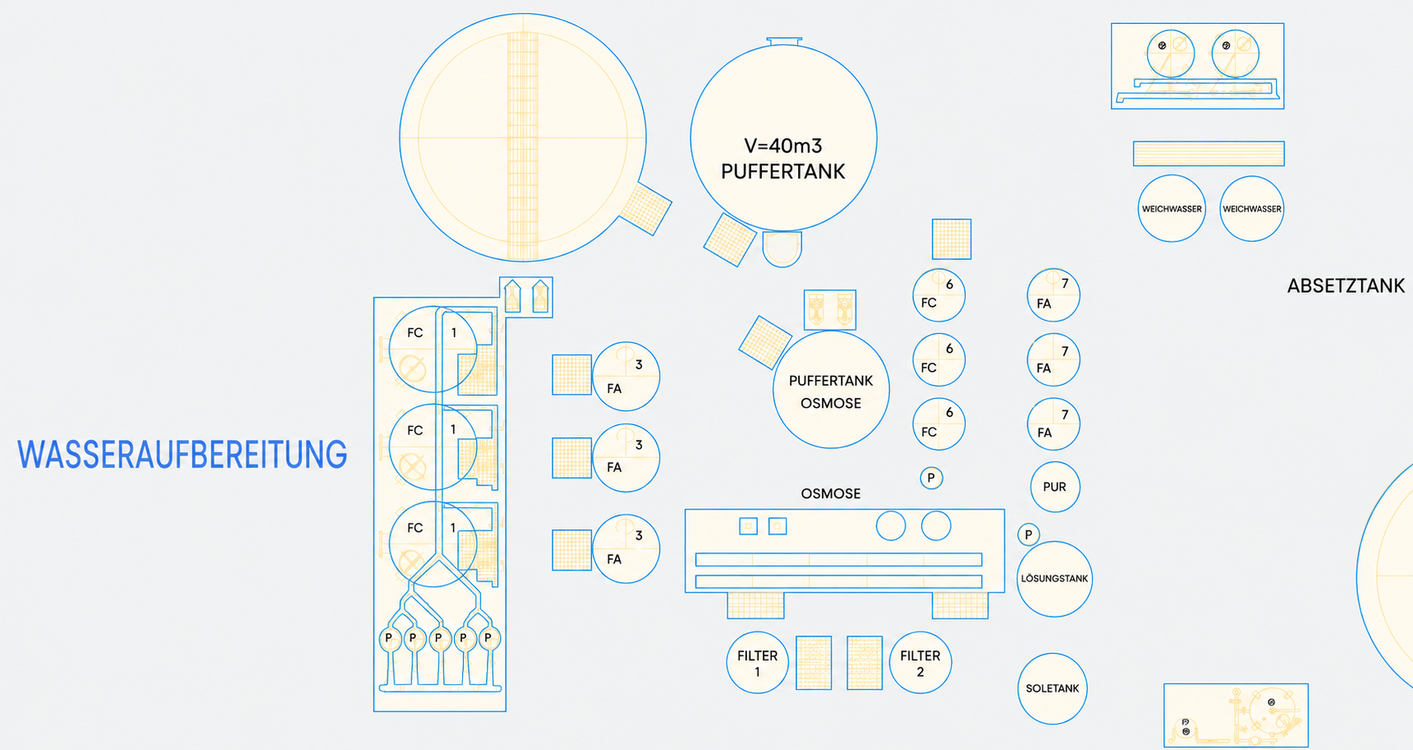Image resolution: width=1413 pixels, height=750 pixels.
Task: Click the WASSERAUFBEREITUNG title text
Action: click(182, 455)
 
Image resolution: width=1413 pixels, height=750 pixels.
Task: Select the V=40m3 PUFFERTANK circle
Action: click(783, 138)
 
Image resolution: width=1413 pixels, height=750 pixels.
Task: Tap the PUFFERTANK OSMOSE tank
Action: click(831, 390)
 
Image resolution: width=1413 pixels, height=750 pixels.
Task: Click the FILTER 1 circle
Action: click(757, 662)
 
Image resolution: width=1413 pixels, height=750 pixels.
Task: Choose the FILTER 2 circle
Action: click(920, 662)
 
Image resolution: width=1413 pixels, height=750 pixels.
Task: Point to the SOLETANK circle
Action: click(1053, 688)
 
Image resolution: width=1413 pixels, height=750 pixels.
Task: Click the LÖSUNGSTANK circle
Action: click(1054, 579)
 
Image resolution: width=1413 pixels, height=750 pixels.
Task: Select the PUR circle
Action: click(1055, 487)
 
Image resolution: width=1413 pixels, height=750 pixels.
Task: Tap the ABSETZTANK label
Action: click(1346, 286)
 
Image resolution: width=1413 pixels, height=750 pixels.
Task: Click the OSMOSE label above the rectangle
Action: click(831, 493)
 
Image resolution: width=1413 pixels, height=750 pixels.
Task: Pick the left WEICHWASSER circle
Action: click(1172, 208)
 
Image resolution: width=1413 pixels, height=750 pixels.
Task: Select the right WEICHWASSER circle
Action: click(1252, 208)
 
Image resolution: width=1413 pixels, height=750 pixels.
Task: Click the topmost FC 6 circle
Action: click(938, 295)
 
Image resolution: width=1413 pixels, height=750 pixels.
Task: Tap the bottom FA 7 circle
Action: click(1053, 424)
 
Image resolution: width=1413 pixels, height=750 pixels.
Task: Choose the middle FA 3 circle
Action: click(626, 458)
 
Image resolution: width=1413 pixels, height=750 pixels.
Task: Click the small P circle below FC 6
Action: click(931, 478)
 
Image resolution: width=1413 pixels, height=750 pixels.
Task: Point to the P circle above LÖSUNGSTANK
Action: click(1029, 534)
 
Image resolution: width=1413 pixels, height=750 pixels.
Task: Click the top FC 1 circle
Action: click(434, 349)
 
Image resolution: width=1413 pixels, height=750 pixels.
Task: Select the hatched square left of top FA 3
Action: click(571, 375)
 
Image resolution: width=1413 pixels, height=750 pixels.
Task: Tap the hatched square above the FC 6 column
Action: click(952, 239)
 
